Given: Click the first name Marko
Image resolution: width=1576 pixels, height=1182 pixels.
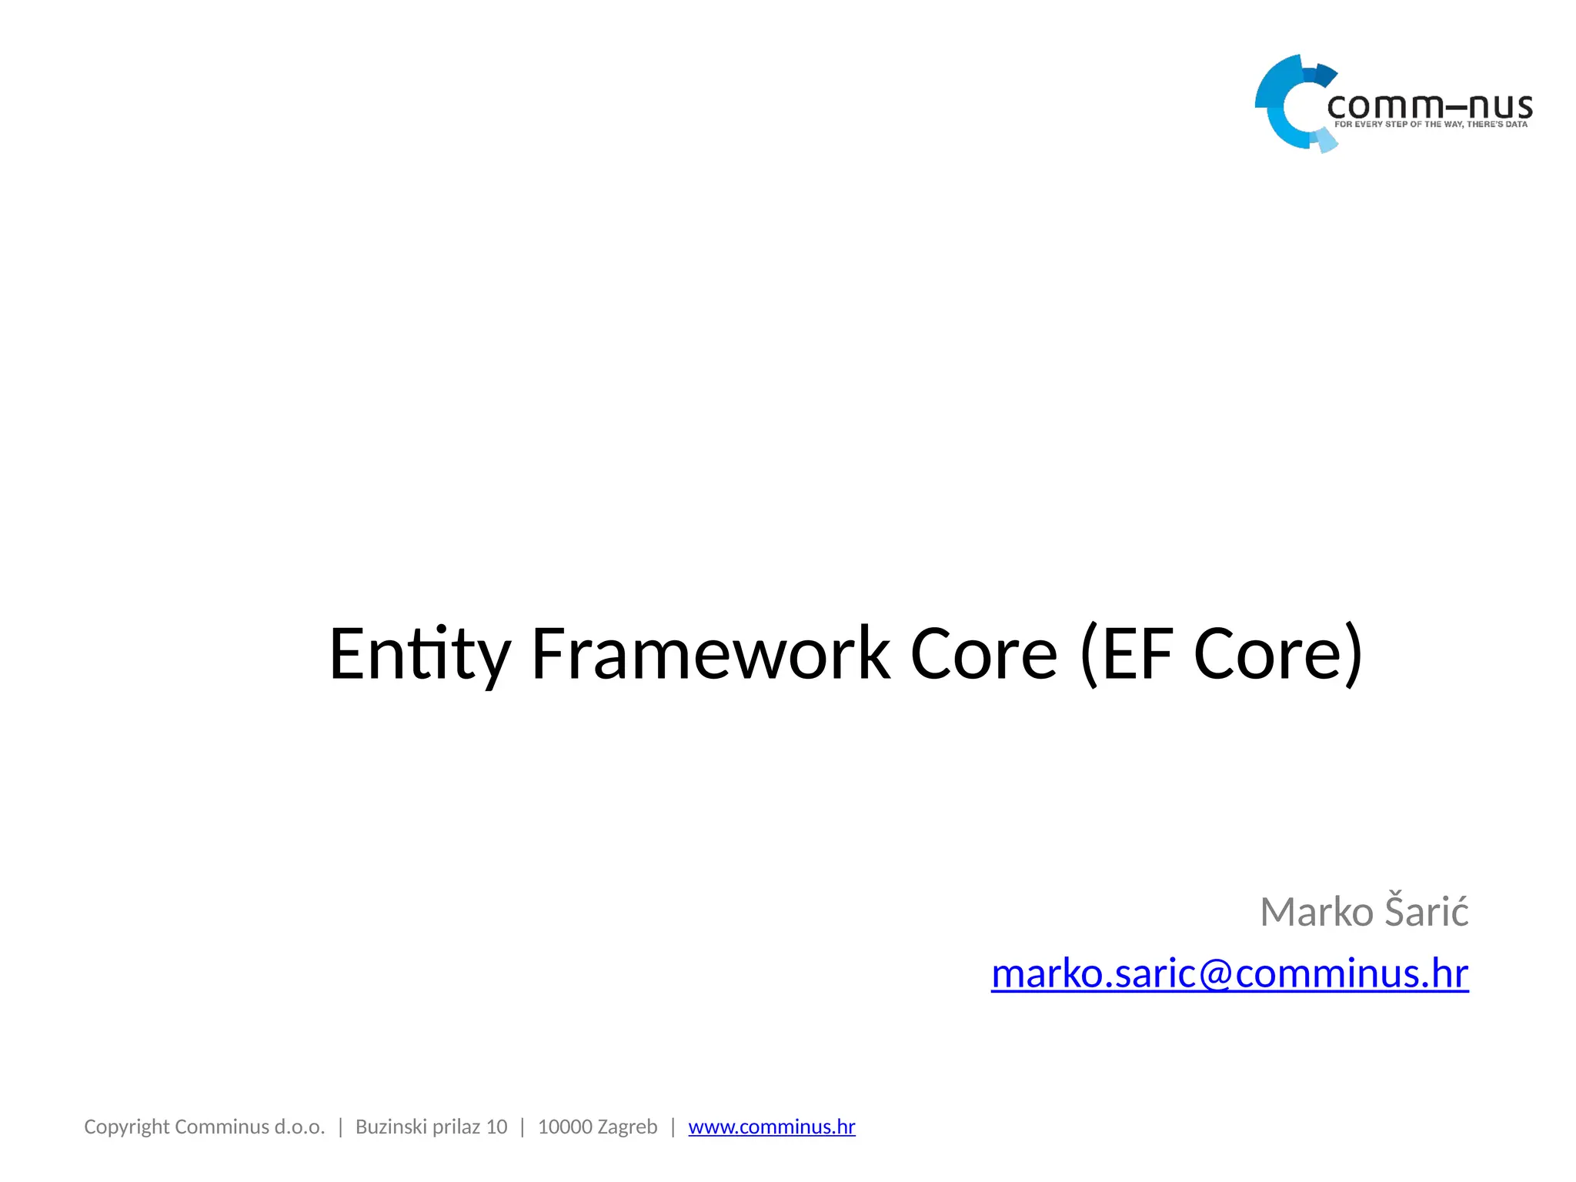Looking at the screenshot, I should click(x=1317, y=913).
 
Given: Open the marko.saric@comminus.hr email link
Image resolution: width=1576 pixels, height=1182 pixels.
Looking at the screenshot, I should click(x=1230, y=973).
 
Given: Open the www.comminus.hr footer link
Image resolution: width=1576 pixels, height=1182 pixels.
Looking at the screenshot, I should click(x=771, y=1127).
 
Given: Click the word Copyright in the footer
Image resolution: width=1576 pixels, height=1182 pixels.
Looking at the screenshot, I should click(x=126, y=1127).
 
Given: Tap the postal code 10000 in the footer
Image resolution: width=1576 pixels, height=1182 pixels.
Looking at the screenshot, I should click(x=565, y=1127).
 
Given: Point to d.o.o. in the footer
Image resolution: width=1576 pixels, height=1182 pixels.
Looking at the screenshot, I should click(x=299, y=1127).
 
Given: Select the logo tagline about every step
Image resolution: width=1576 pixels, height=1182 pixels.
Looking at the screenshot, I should click(x=1431, y=125).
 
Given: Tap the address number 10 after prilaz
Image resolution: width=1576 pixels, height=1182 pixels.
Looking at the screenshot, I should click(x=496, y=1127).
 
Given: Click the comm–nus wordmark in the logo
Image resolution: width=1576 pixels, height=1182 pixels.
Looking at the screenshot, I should click(x=1430, y=106).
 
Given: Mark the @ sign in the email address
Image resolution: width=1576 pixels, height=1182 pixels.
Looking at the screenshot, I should click(x=1217, y=974).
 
